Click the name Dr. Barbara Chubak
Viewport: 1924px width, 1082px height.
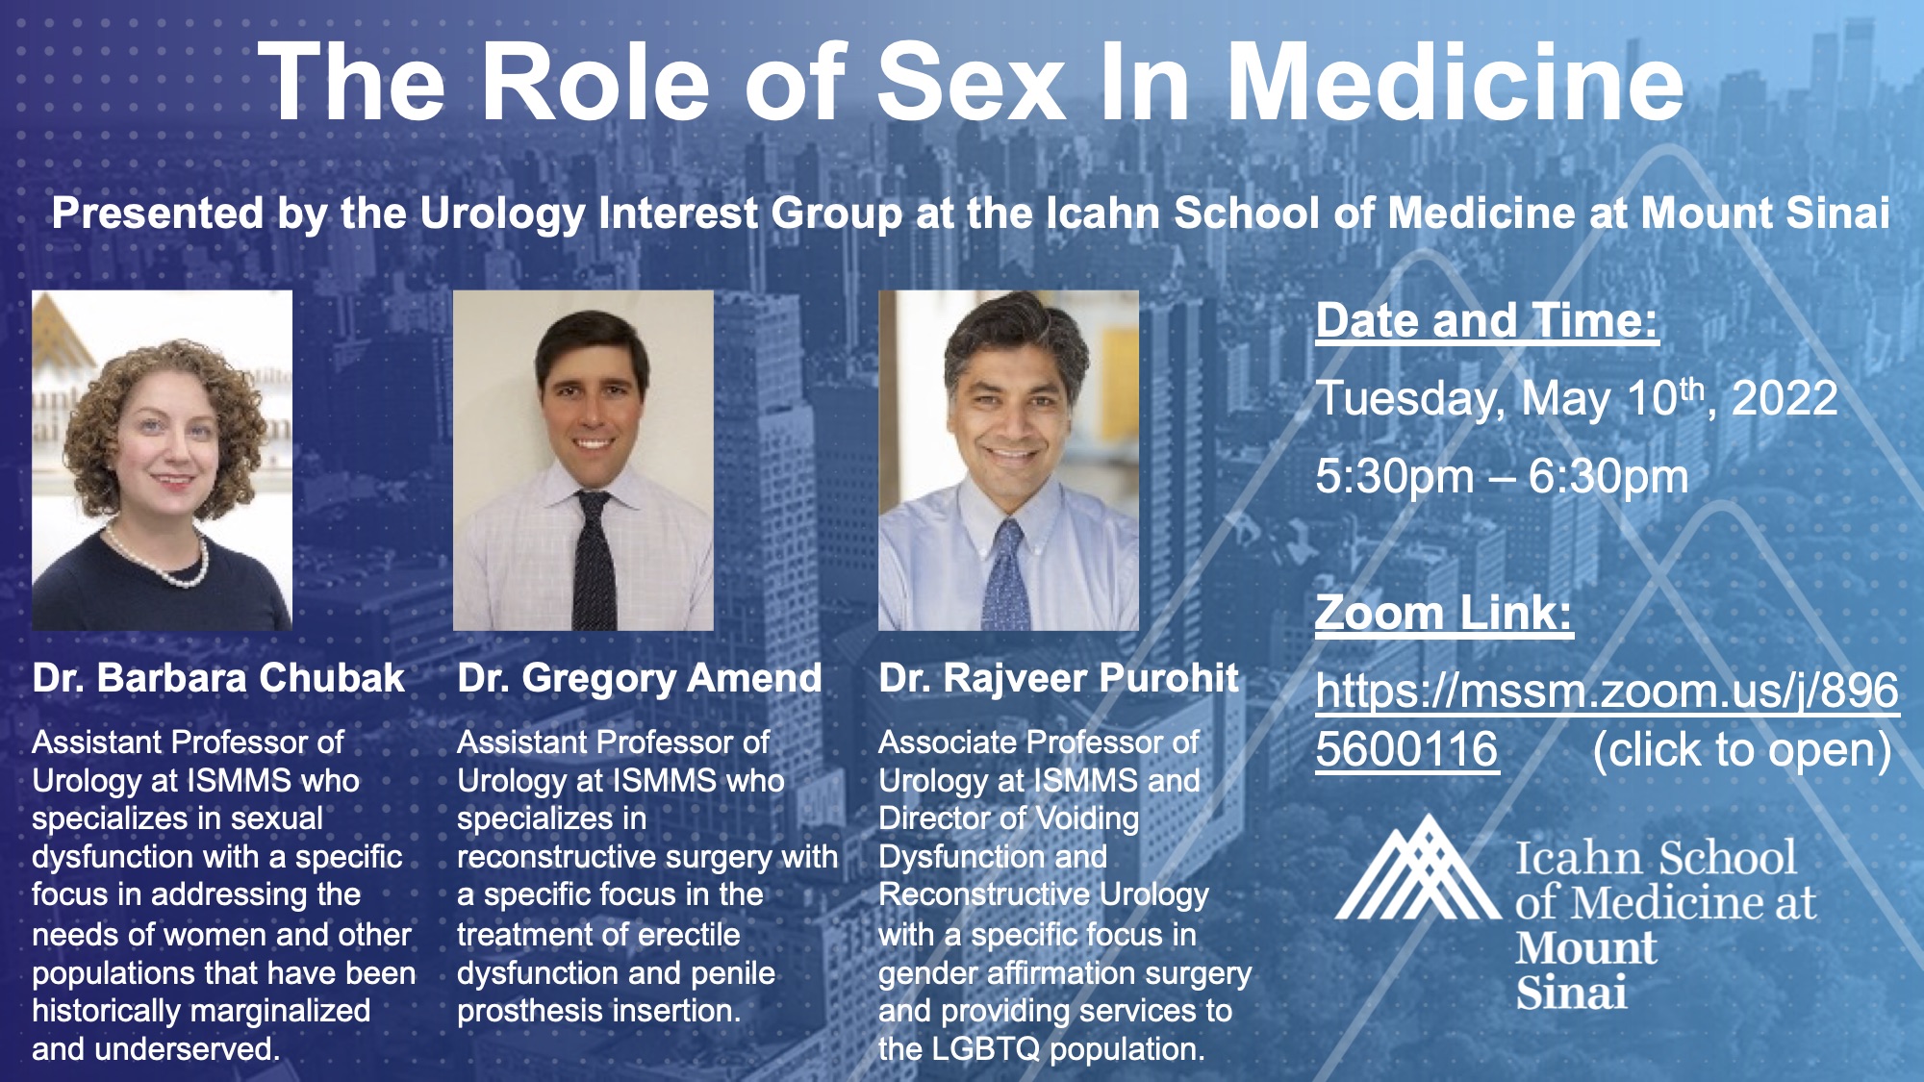coord(218,678)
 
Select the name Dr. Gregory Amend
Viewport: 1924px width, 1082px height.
coord(640,679)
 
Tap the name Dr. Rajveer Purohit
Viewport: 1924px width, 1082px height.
coord(1059,678)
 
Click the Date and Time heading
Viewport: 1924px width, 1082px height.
coord(1487,320)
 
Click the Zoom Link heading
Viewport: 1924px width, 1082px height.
coord(1444,613)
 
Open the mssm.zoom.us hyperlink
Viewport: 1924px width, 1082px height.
coord(1608,719)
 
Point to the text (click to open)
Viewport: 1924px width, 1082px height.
coord(1742,750)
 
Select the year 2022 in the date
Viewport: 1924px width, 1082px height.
coord(1785,398)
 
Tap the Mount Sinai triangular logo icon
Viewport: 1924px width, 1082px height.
coord(1416,868)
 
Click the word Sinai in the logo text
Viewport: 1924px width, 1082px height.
coord(1572,993)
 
